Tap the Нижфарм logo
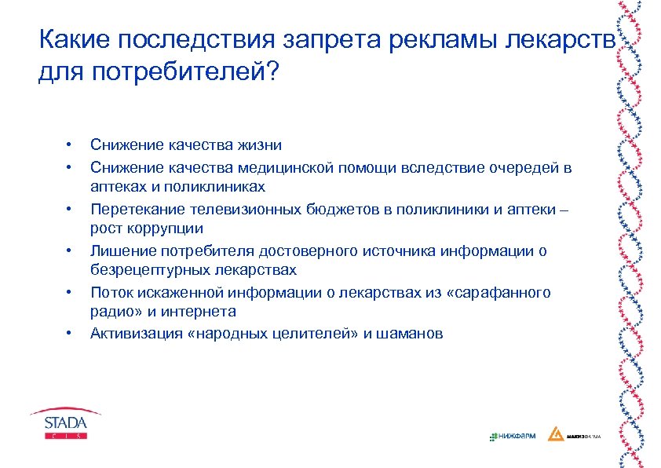(512, 436)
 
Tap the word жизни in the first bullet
(260, 145)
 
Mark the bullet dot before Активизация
(69, 334)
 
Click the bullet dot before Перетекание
(69, 209)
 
